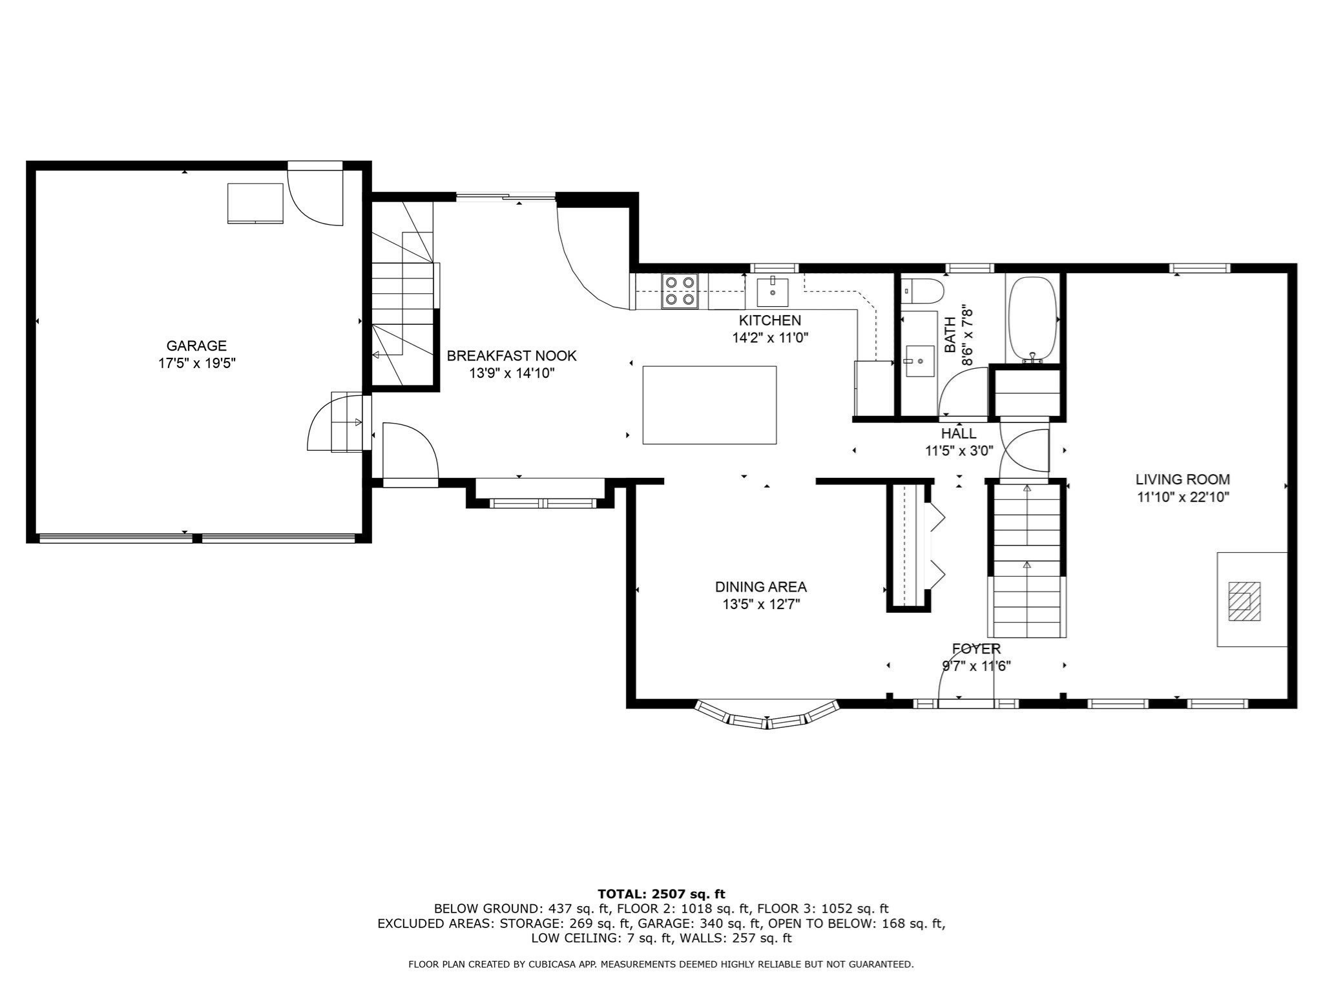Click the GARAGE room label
[196, 346]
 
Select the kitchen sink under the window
[773, 292]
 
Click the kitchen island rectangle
[709, 405]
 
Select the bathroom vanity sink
[919, 360]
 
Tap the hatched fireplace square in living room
[1244, 601]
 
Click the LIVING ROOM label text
[1182, 479]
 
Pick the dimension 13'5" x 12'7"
[761, 604]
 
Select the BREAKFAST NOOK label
[512, 356]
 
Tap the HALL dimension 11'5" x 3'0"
[959, 451]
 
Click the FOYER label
[976, 649]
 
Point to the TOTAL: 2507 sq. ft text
[661, 894]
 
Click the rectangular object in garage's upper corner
[255, 203]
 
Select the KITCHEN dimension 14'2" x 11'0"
[770, 337]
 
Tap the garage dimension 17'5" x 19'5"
[196, 364]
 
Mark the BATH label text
[950, 335]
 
